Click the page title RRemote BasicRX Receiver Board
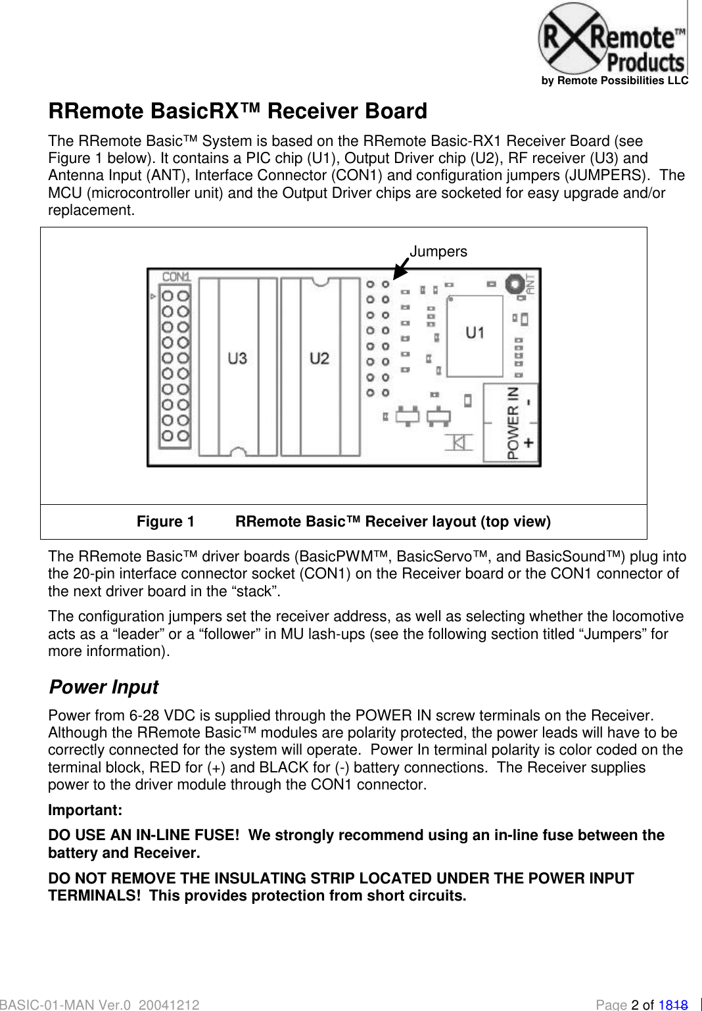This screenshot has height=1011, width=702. pos(237,111)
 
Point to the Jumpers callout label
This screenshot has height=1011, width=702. pos(438,252)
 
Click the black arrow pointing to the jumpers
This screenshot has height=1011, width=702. pos(400,269)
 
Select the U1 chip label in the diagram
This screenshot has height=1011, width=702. pos(475,333)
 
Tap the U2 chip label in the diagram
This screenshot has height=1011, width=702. pos(319,358)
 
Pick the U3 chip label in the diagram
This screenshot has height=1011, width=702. pos(237,358)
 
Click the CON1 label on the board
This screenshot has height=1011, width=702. pos(175,277)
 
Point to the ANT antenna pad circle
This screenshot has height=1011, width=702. pos(514,284)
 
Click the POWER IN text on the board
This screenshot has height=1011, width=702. pos(513,422)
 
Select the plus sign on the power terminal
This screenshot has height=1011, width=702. pos(528,443)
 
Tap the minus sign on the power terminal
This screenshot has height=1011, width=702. pos(529,402)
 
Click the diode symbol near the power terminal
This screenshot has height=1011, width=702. pos(459,442)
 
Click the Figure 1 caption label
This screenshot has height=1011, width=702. pos(166,522)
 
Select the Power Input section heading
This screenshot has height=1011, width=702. pos(104,687)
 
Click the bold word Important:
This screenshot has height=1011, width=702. pos(85,811)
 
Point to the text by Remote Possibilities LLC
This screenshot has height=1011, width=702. pos(615,81)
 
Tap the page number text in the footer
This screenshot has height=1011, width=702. pos(641,1004)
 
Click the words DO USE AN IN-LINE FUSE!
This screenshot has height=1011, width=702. pos(143,835)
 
